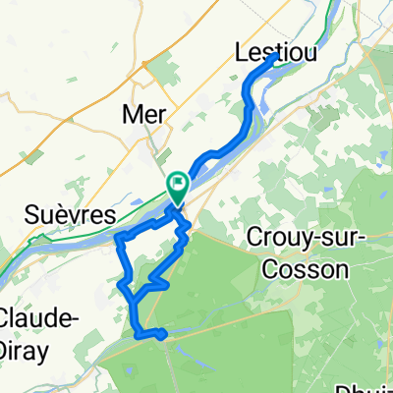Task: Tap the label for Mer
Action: point(142,114)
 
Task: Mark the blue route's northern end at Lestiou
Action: point(272,58)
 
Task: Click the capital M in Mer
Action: point(128,114)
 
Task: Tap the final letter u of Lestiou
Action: point(310,52)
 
